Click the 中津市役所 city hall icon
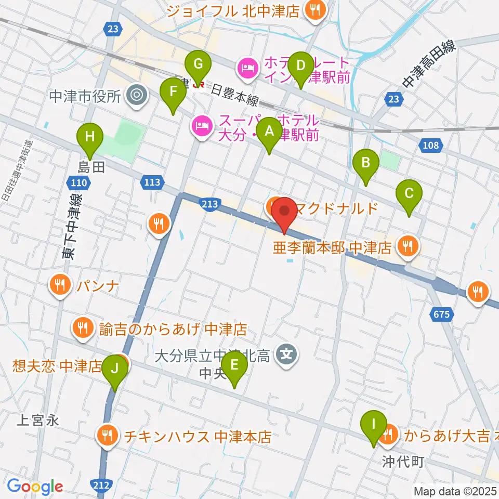(137, 95)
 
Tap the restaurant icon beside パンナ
(61, 285)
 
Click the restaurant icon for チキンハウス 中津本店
(108, 436)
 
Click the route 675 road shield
(442, 314)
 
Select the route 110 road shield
(76, 182)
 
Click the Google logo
(34, 487)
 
